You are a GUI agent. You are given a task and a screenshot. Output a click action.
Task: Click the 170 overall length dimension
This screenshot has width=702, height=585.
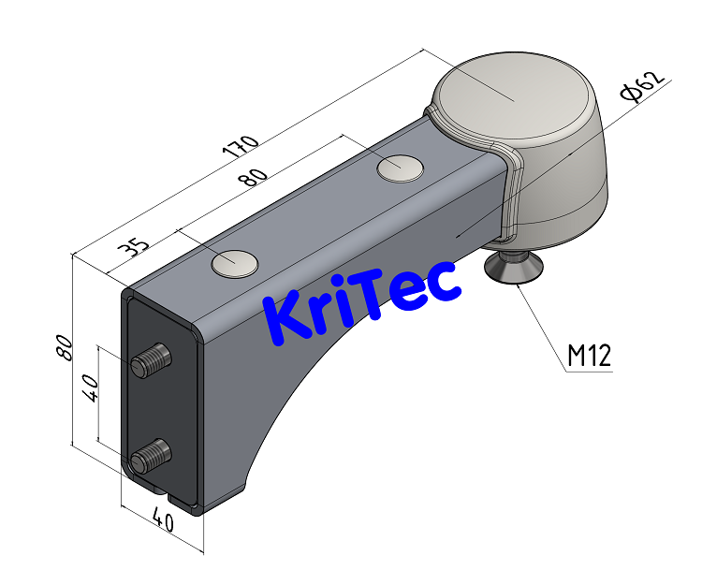[240, 146]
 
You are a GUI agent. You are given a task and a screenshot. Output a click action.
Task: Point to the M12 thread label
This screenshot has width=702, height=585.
[589, 355]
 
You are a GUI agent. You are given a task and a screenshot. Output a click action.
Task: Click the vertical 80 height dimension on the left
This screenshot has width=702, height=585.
[64, 348]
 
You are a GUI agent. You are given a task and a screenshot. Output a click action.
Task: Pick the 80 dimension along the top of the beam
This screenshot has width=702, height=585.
[254, 178]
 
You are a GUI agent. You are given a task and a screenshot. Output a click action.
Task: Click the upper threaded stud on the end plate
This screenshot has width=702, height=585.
[154, 359]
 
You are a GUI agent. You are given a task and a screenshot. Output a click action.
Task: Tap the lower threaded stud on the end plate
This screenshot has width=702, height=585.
[152, 456]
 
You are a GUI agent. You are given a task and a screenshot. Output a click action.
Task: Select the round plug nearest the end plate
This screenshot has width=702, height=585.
[234, 264]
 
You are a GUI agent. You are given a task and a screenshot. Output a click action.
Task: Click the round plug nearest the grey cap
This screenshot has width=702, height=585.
[400, 168]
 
